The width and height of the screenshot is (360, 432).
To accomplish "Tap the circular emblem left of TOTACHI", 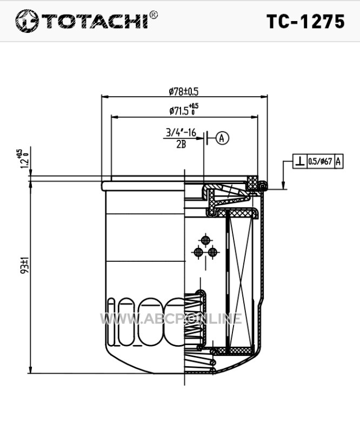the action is (26, 21).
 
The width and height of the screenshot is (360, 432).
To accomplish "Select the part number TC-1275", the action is (305, 22).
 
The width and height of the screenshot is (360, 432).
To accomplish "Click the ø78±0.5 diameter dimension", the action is (184, 91).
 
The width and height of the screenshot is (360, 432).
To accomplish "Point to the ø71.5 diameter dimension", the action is (184, 110).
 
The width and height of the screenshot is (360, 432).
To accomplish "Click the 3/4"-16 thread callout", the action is (181, 133).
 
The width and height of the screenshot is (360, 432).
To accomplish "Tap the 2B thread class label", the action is (181, 144).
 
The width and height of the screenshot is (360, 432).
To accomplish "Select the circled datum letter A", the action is (222, 138).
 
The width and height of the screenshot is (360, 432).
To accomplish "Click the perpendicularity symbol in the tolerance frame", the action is (300, 161).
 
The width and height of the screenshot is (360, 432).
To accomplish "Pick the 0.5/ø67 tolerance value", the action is (320, 161).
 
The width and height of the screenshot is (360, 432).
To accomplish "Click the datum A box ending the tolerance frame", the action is (338, 161).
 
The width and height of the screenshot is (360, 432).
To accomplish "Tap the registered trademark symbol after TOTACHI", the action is (154, 15).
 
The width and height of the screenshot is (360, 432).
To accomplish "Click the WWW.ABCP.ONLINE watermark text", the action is (171, 319).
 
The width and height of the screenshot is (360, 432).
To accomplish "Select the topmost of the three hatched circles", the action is (205, 240).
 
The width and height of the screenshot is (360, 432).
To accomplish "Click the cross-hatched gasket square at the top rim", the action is (252, 183).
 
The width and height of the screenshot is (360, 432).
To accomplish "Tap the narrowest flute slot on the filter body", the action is (111, 322).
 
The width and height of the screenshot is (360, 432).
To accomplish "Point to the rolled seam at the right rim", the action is (263, 186).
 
